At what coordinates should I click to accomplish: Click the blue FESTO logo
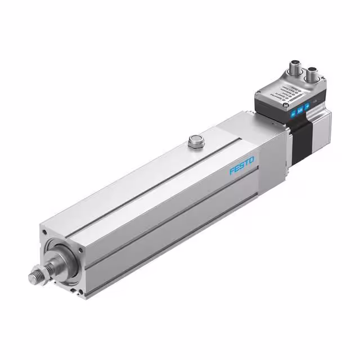[242, 167]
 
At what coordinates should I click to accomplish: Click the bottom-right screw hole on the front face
[84, 292]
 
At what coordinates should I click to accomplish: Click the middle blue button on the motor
[300, 110]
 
